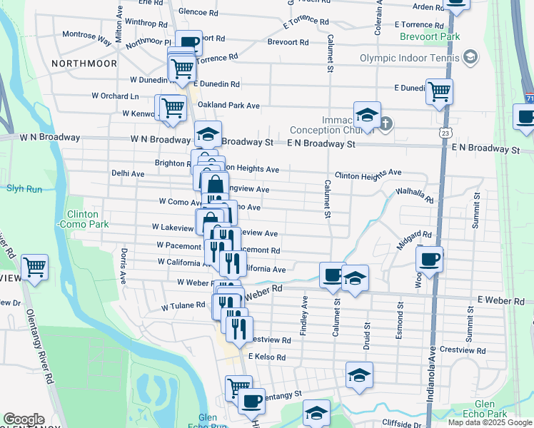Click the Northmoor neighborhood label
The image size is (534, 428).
[84, 63]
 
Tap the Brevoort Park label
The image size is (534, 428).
[430, 36]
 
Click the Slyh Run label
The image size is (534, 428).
[24, 189]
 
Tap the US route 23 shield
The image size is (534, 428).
[445, 133]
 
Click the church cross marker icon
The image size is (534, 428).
[386, 124]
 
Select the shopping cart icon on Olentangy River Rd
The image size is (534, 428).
[34, 267]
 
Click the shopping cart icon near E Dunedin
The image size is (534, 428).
[439, 91]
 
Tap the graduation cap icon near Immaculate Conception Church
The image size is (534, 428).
[367, 114]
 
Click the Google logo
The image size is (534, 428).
[24, 419]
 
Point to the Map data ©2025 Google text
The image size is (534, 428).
[490, 422]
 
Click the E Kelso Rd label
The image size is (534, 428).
[267, 357]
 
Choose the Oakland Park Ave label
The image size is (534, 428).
[228, 105]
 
